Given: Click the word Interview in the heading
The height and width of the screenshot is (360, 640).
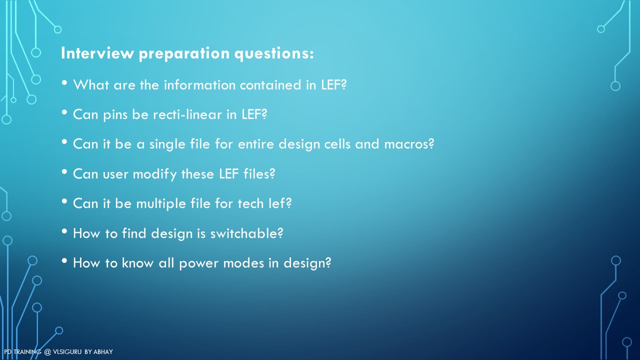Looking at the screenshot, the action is (97, 53).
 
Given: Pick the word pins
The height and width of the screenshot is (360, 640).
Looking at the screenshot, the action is (115, 115).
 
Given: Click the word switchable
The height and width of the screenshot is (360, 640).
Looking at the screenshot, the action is (246, 233).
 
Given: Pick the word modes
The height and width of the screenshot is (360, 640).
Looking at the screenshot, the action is (243, 263).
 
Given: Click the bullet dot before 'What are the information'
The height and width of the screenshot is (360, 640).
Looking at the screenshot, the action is (64, 83).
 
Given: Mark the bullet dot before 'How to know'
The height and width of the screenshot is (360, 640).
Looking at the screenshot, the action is (64, 260).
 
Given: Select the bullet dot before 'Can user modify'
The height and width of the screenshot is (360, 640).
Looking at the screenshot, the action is (64, 171).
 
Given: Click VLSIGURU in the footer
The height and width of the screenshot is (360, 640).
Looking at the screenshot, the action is (67, 352).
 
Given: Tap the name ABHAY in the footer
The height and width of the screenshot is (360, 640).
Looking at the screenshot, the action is (103, 352).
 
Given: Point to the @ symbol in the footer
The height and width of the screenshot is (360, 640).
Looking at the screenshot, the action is (47, 352).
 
